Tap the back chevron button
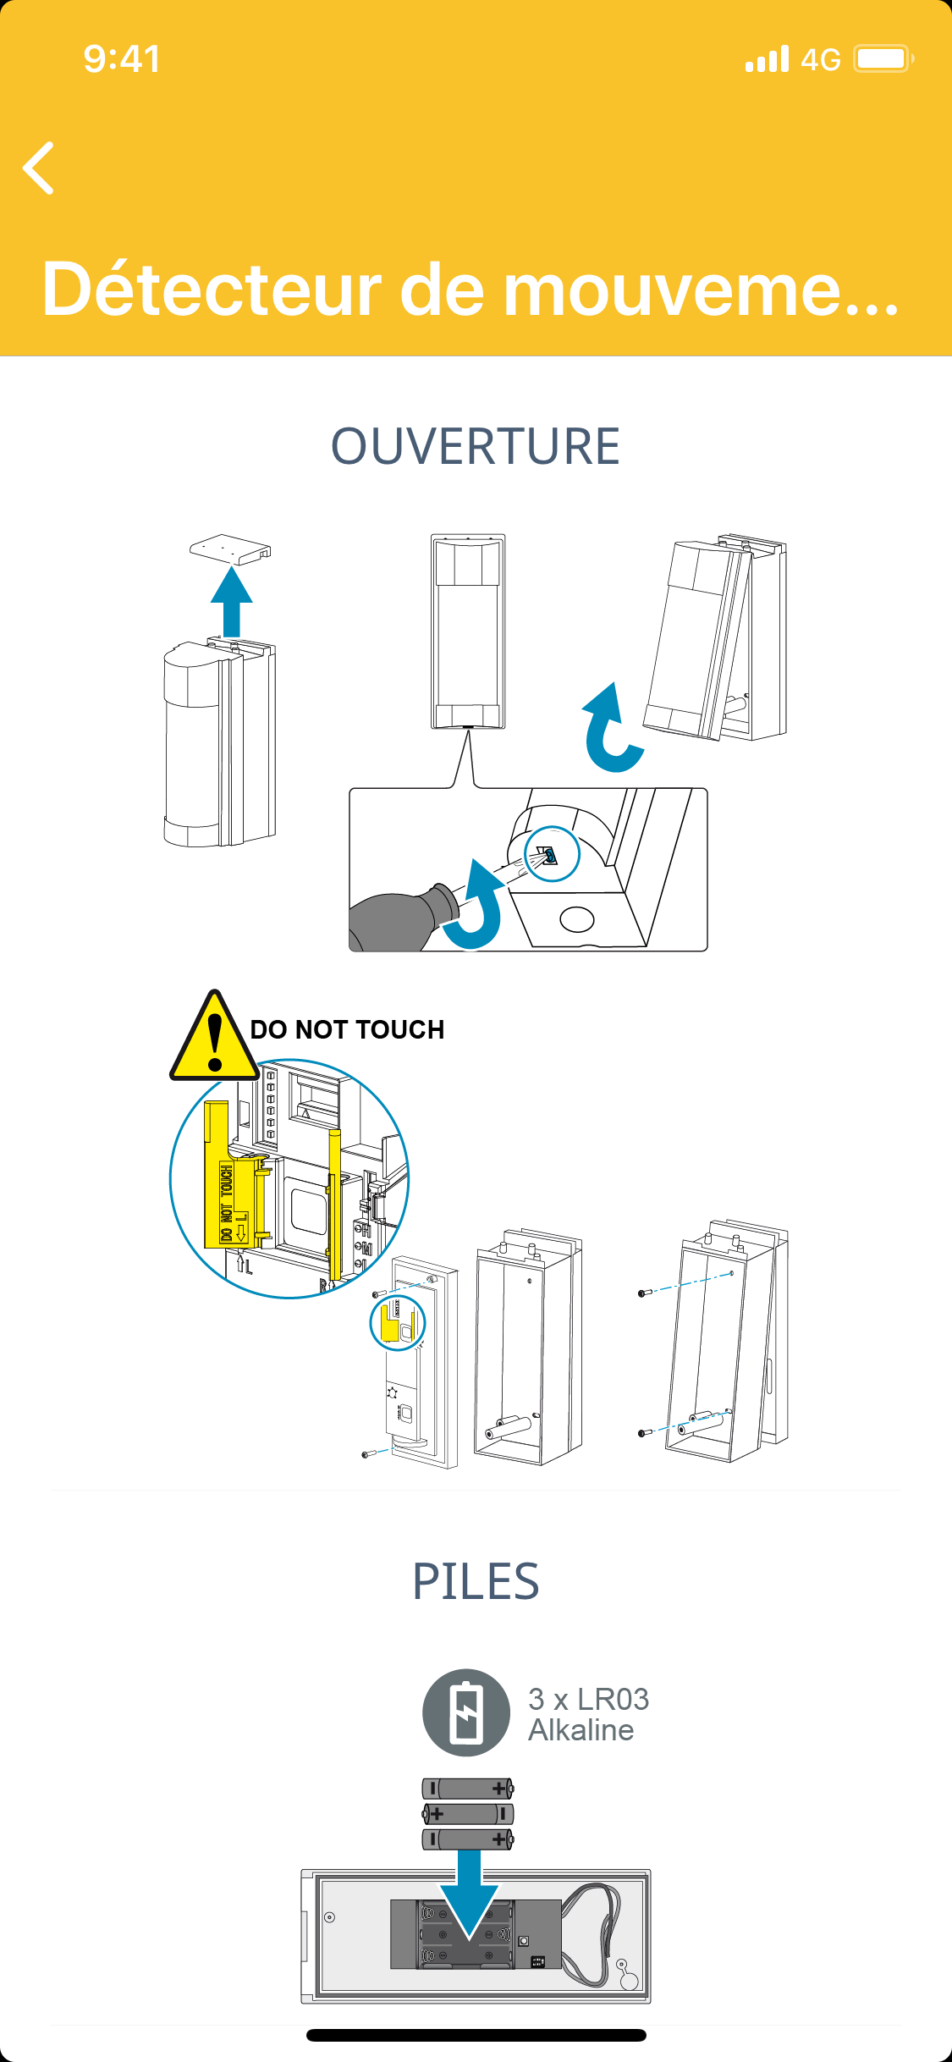[39, 168]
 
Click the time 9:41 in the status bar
[122, 59]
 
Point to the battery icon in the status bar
[883, 59]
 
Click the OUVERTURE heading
[476, 446]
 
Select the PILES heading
[476, 1581]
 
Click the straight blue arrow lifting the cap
[232, 602]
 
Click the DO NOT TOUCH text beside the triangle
[347, 1029]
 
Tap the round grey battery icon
[466, 1712]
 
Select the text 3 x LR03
[589, 1699]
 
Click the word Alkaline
[581, 1730]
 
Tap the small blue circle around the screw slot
[552, 854]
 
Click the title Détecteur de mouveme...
[470, 289]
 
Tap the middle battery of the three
[468, 1813]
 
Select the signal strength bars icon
[767, 59]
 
